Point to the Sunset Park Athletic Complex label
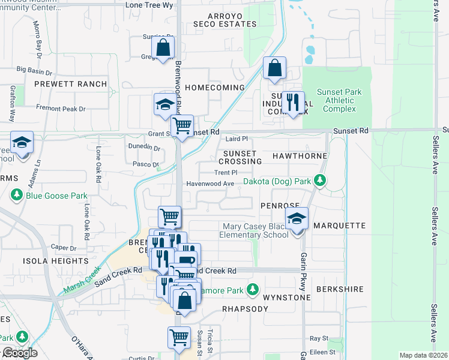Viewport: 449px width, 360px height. (339, 100)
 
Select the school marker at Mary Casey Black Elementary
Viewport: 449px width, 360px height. (296, 220)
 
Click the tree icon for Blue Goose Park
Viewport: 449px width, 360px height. (16, 196)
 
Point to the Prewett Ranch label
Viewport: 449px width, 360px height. (70, 85)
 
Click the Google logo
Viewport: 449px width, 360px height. (19, 353)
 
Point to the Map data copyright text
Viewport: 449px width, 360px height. (423, 355)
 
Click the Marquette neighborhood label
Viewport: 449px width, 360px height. (339, 226)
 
